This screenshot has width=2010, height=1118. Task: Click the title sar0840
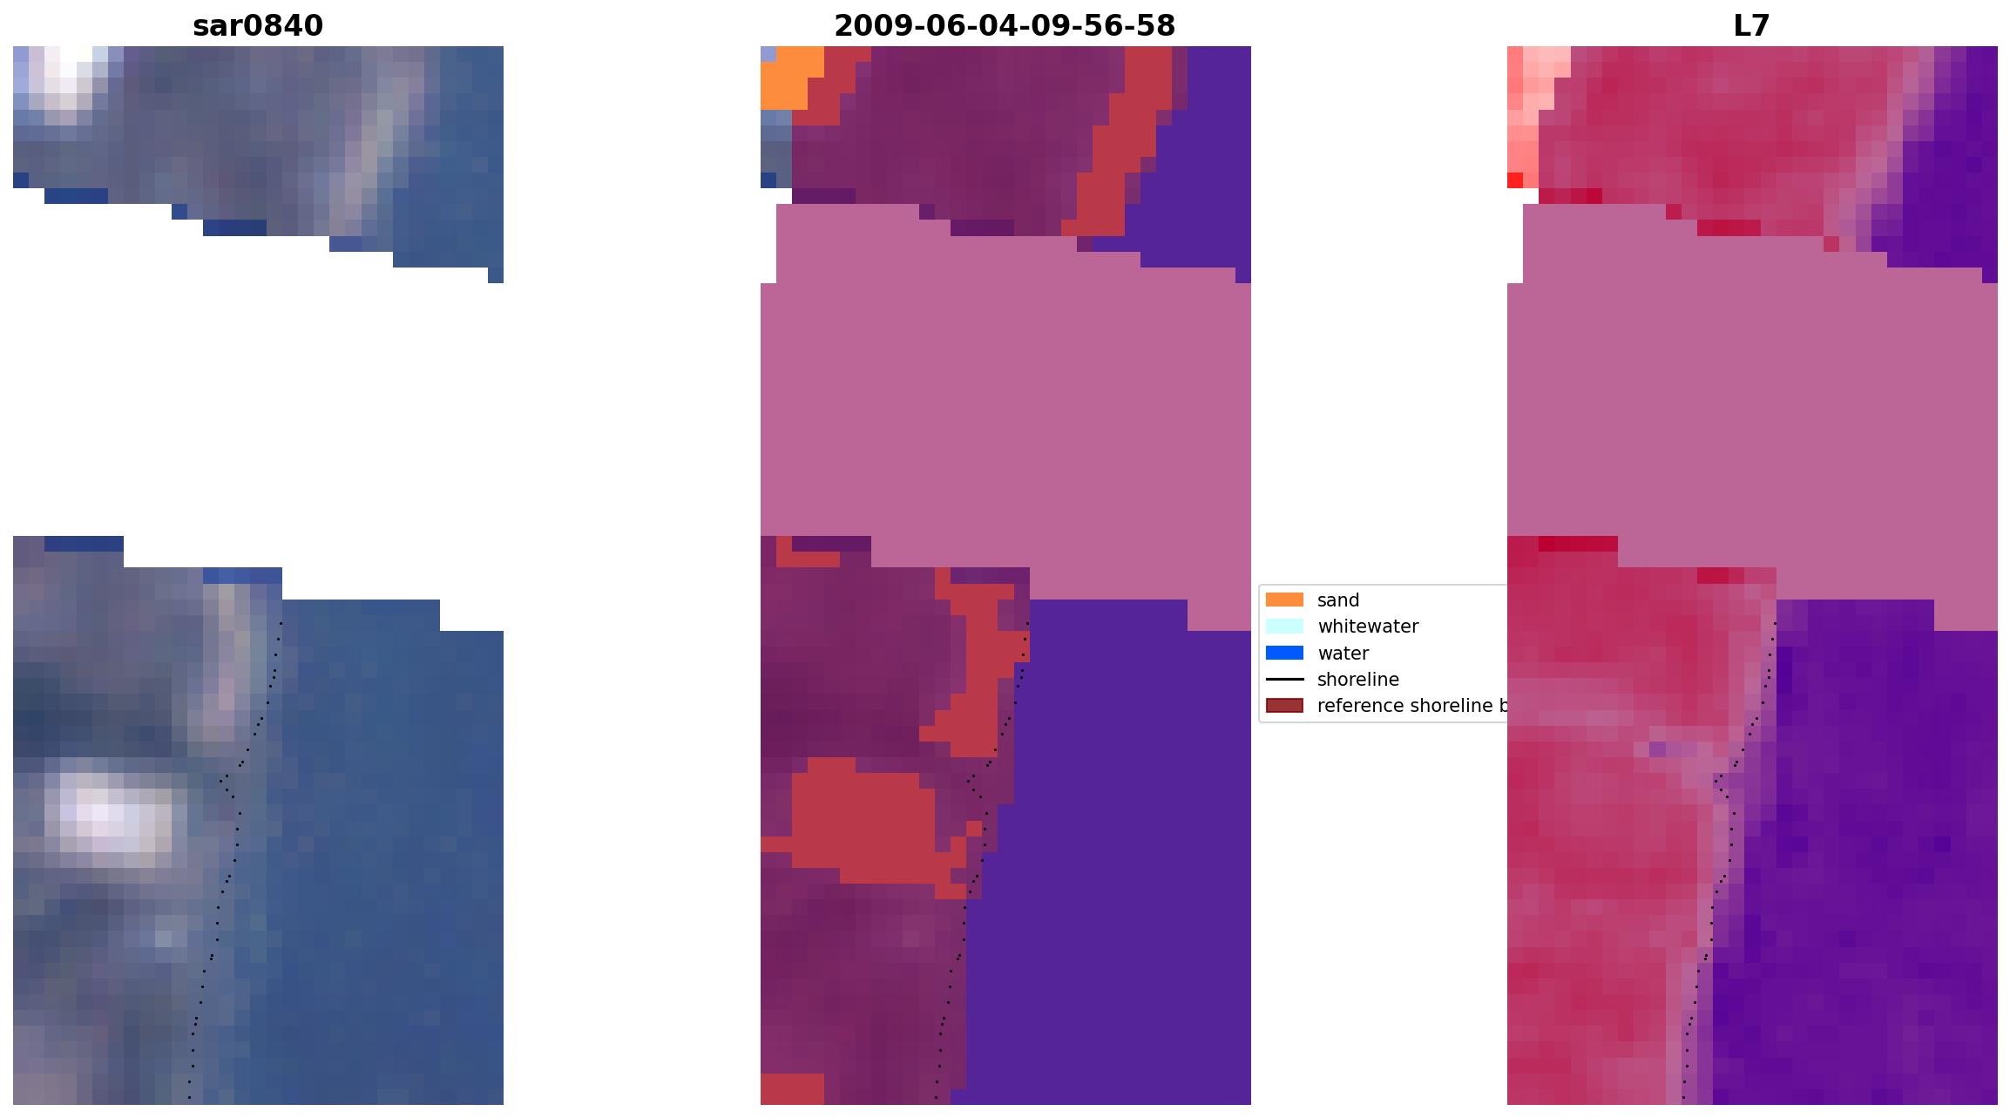(x=258, y=26)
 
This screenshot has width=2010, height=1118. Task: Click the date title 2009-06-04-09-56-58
(x=1005, y=26)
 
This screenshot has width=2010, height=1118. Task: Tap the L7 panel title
(x=1751, y=26)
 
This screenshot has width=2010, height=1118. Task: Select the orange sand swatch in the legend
(x=1284, y=600)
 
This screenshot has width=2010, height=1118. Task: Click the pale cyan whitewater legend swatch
(x=1284, y=626)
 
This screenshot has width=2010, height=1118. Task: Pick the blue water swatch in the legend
(x=1284, y=653)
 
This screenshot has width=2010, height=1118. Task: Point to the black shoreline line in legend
(x=1284, y=679)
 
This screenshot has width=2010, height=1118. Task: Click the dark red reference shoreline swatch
(x=1284, y=705)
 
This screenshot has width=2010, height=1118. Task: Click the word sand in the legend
(x=1338, y=600)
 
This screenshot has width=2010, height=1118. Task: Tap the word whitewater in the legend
(x=1368, y=627)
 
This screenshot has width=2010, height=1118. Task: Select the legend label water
(x=1343, y=654)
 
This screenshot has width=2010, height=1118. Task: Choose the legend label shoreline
(x=1357, y=680)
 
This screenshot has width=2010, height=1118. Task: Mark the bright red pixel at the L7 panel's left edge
(x=1515, y=180)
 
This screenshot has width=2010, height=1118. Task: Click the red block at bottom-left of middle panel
(x=791, y=1088)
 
